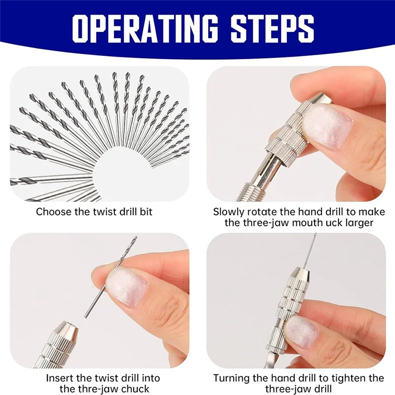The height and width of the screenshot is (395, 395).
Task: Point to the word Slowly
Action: point(230,212)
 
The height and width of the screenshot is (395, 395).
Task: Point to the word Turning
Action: point(232,378)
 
